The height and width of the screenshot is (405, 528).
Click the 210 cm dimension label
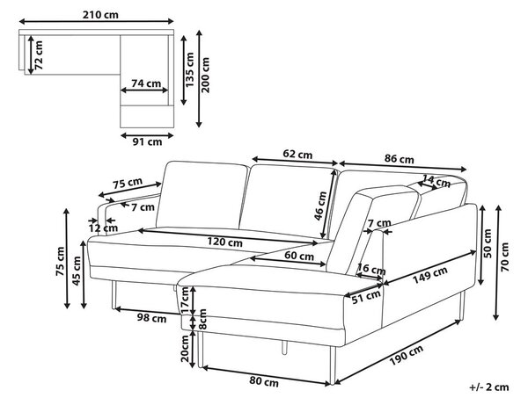pyautogui.click(x=100, y=15)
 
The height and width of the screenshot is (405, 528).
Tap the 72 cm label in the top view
pyautogui.click(x=39, y=55)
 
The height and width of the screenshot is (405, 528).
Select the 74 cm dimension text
pyautogui.click(x=146, y=83)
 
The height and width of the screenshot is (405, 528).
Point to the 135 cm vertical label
pyautogui.click(x=190, y=69)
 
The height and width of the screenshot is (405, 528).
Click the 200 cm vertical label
pyautogui.click(x=205, y=75)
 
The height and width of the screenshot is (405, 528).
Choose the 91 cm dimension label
pyautogui.click(x=147, y=141)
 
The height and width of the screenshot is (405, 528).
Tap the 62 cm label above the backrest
pyautogui.click(x=297, y=155)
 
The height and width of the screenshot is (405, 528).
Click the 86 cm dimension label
pyautogui.click(x=399, y=159)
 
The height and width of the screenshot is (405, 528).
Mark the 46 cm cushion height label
pyautogui.click(x=320, y=206)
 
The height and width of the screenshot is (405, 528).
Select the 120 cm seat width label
pyautogui.click(x=224, y=242)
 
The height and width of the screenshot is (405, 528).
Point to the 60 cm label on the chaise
pyautogui.click(x=299, y=256)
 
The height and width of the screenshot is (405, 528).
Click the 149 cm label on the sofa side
pyautogui.click(x=430, y=275)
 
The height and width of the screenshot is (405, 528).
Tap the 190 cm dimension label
pyautogui.click(x=407, y=355)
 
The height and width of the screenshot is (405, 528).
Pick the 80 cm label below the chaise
pyautogui.click(x=264, y=382)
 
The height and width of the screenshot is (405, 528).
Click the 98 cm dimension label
pyautogui.click(x=151, y=318)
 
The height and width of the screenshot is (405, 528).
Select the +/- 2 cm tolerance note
pyautogui.click(x=489, y=387)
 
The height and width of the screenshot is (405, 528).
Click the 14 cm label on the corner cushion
pyautogui.click(x=436, y=182)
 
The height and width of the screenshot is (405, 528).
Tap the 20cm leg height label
pyautogui.click(x=186, y=348)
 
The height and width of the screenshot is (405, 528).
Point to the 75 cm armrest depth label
pyautogui.click(x=128, y=184)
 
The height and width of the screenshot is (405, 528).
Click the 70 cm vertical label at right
pyautogui.click(x=505, y=257)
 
